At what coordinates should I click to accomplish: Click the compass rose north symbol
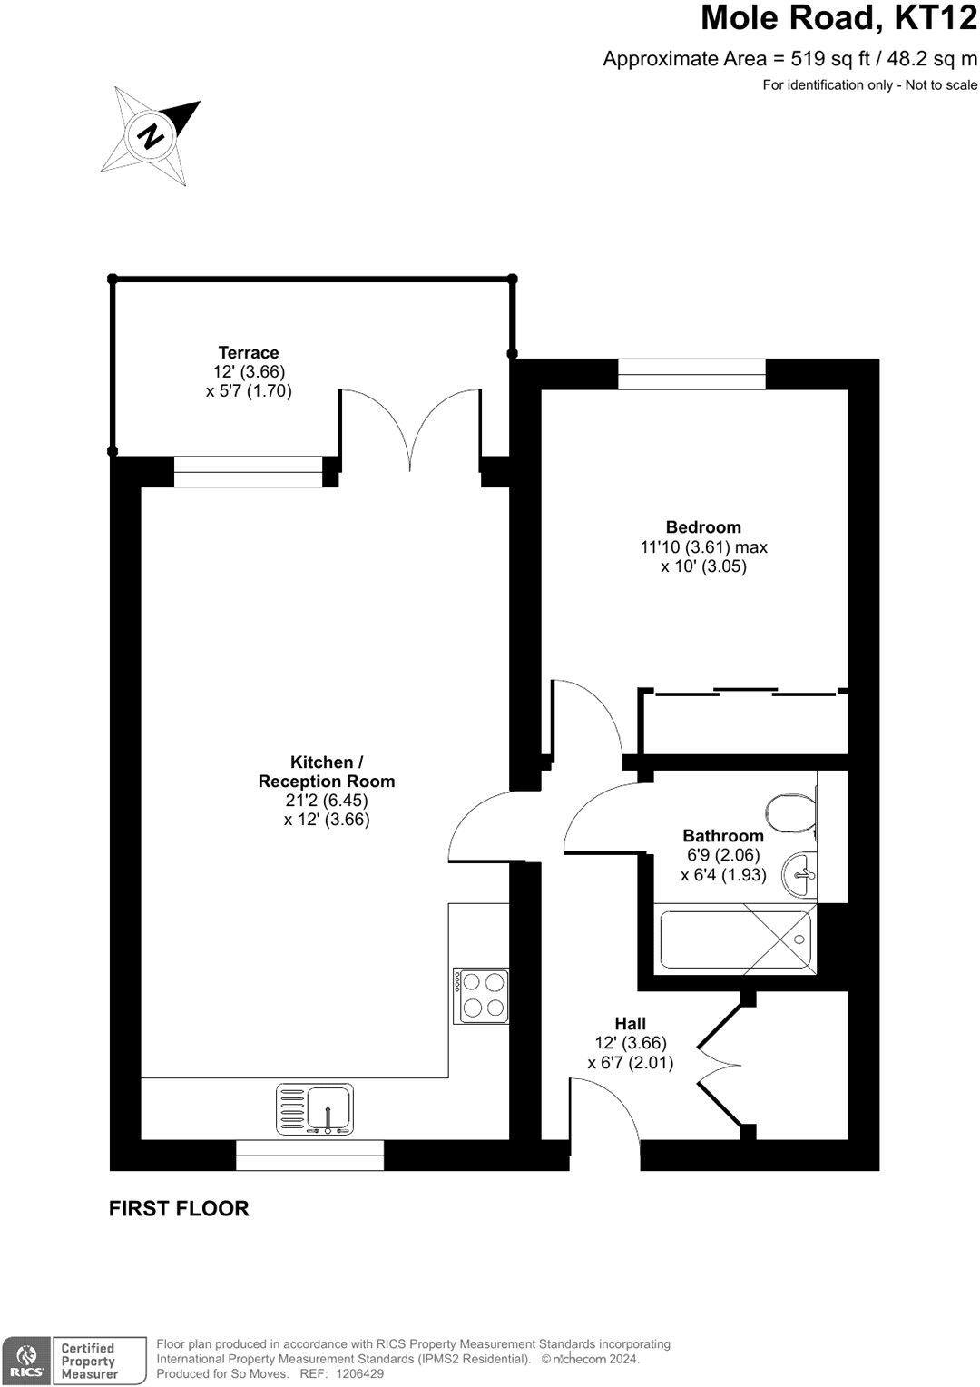pyautogui.click(x=150, y=136)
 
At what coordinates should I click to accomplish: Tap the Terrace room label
pyautogui.click(x=248, y=352)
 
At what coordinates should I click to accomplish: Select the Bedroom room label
pyautogui.click(x=703, y=526)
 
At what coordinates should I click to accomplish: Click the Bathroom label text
pyautogui.click(x=723, y=835)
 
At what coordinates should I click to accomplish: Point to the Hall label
pyautogui.click(x=631, y=1023)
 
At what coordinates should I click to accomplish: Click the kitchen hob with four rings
pyautogui.click(x=482, y=995)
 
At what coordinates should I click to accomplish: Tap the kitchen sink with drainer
pyautogui.click(x=315, y=1108)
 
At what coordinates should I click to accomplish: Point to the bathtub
pyautogui.click(x=734, y=939)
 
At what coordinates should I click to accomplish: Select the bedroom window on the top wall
pyautogui.click(x=691, y=374)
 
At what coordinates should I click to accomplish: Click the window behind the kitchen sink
pyautogui.click(x=309, y=1156)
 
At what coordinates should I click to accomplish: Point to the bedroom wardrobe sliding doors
pyautogui.click(x=744, y=693)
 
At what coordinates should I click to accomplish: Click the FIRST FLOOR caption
pyautogui.click(x=179, y=1208)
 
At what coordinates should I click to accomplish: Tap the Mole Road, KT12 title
pyautogui.click(x=839, y=18)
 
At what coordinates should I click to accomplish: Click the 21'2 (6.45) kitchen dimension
pyautogui.click(x=327, y=800)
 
